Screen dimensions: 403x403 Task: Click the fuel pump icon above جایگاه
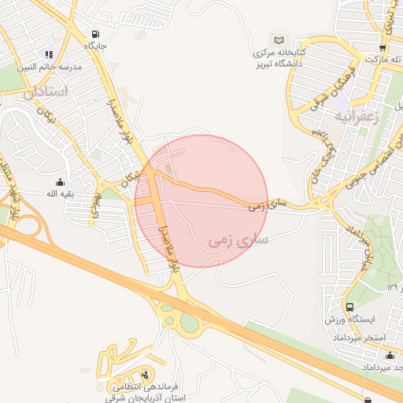click(95, 34)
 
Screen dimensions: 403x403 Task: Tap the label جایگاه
click(96, 46)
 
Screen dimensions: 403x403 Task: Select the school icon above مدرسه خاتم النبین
click(49, 54)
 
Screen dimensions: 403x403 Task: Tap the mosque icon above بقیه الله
click(61, 182)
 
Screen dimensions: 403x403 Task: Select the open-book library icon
click(278, 39)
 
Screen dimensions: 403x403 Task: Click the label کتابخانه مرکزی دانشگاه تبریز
click(278, 57)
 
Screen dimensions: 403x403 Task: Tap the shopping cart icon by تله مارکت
click(382, 47)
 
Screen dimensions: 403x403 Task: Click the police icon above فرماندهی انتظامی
click(144, 375)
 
